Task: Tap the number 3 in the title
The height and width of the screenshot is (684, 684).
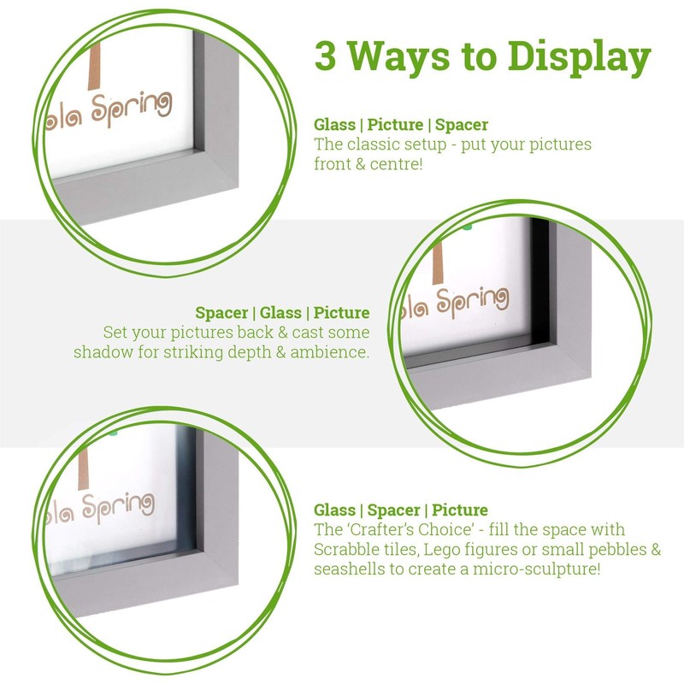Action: click(x=326, y=56)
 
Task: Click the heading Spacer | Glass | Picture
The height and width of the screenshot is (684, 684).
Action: click(x=282, y=313)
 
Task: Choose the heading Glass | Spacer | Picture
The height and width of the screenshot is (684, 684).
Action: click(x=401, y=510)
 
